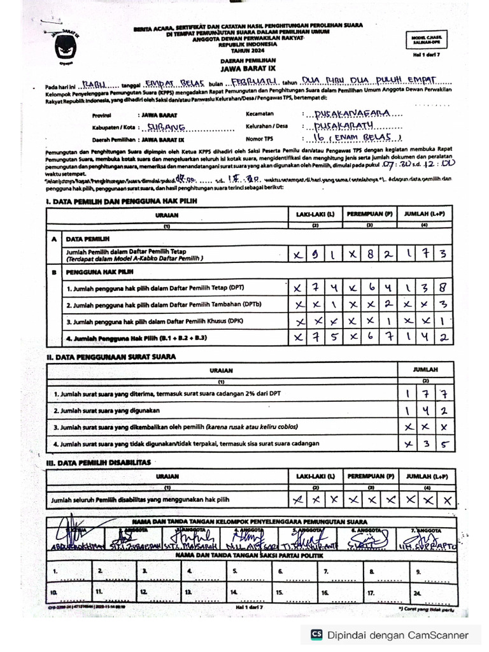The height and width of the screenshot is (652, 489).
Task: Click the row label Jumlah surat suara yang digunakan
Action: click(x=106, y=411)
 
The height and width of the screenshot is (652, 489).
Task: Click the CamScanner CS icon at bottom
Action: click(x=315, y=634)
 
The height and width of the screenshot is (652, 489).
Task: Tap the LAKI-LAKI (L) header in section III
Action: click(x=311, y=476)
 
